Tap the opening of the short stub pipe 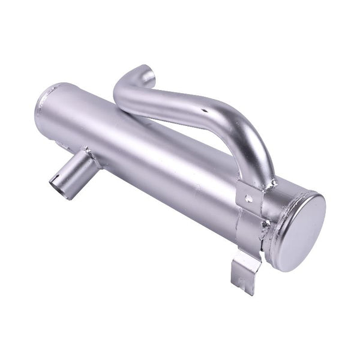[60, 183]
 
